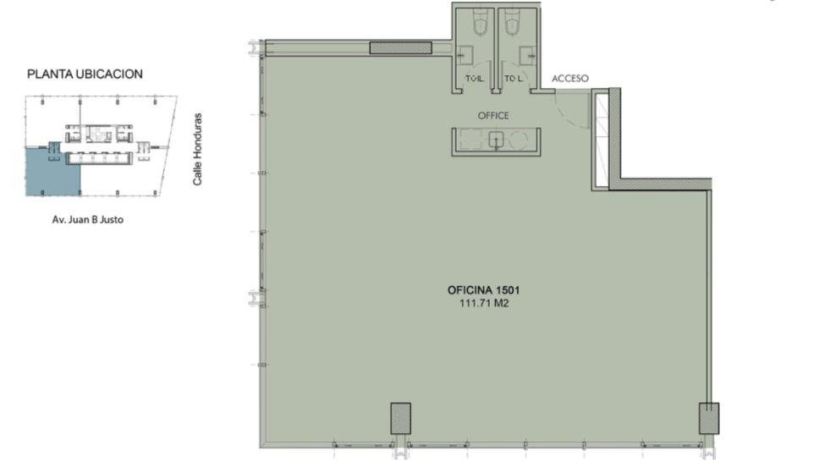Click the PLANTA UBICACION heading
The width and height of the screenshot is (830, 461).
pos(85,74)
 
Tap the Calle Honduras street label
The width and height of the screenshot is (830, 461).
pos(197,149)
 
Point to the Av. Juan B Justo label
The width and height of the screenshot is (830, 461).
pos(88,219)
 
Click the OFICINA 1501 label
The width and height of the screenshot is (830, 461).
pos(484,290)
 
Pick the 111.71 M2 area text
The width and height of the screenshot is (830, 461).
pos(484,304)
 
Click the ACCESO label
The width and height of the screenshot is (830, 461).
pos(570,79)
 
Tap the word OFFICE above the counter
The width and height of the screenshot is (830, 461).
pos(493,115)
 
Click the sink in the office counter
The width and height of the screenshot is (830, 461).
pos(496,140)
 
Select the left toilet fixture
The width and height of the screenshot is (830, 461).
pos(480,22)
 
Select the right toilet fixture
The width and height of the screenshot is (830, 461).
pos(514,22)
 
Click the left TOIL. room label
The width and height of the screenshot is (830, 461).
pos(475,79)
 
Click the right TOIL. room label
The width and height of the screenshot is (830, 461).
pos(514,79)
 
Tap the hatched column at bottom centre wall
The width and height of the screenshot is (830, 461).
pos(401,419)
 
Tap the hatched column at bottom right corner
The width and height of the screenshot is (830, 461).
pos(709,419)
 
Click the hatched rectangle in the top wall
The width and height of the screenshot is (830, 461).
pos(401,48)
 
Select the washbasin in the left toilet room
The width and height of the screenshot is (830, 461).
pos(464,53)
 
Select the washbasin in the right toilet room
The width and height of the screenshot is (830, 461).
pos(528,53)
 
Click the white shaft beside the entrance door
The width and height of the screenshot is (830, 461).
pos(602,140)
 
